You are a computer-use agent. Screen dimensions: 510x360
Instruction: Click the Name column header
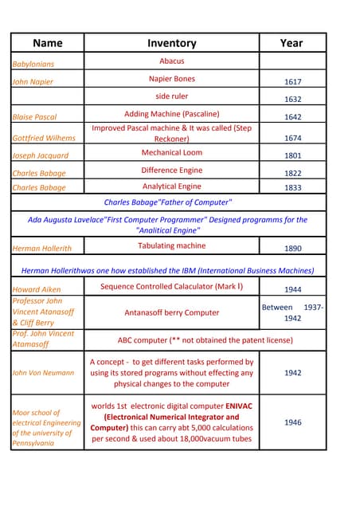pos(48,43)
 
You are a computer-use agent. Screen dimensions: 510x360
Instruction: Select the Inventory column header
pos(171,43)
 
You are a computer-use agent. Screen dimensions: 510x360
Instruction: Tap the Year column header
pos(292,43)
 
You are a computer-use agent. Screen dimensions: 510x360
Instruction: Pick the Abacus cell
pos(171,61)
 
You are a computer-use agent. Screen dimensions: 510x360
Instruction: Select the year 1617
pos(292,82)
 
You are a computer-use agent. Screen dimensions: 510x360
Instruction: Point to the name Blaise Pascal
pos(34,117)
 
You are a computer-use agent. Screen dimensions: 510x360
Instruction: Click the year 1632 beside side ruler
pos(292,100)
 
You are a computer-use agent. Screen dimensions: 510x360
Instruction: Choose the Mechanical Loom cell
pos(171,152)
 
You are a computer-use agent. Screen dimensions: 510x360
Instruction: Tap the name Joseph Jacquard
pos(41,155)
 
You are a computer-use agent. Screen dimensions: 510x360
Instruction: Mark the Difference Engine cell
pos(171,170)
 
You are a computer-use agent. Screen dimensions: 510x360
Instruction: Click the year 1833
pos(292,188)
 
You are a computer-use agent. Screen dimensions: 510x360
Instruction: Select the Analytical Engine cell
pos(171,186)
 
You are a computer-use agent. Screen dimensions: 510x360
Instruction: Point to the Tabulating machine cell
pos(171,246)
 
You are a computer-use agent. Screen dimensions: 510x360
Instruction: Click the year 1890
pos(292,249)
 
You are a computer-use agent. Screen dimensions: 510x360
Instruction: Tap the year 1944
pos(292,289)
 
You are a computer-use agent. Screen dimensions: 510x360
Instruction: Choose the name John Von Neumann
pos(43,372)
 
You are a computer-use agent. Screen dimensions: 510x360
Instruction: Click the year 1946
pos(292,422)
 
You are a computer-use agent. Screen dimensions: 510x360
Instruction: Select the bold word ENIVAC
pos(237,406)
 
